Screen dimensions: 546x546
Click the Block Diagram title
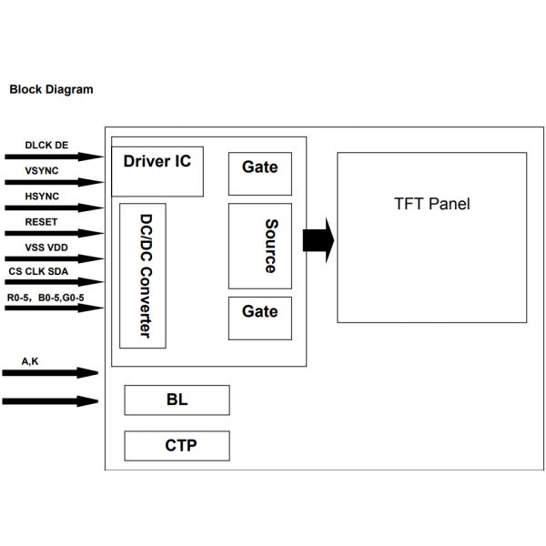pyautogui.click(x=51, y=90)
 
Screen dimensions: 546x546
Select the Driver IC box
pyautogui.click(x=157, y=170)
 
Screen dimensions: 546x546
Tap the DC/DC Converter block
pyautogui.click(x=143, y=275)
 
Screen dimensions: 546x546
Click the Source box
pyautogui.click(x=259, y=246)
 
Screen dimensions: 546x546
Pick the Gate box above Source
pyautogui.click(x=259, y=172)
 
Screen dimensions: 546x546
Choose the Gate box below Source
pyautogui.click(x=259, y=318)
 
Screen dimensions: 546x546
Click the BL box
pyautogui.click(x=177, y=399)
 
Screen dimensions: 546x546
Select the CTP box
pyautogui.click(x=177, y=446)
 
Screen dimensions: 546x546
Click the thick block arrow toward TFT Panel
pyautogui.click(x=318, y=240)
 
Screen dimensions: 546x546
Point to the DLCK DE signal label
pyautogui.click(x=46, y=145)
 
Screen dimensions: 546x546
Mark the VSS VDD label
pyautogui.click(x=45, y=247)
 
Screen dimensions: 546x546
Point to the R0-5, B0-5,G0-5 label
pyautogui.click(x=51, y=297)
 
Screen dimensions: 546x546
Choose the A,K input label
pyautogui.click(x=30, y=361)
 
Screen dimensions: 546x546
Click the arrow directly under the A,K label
pyautogui.click(x=50, y=372)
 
